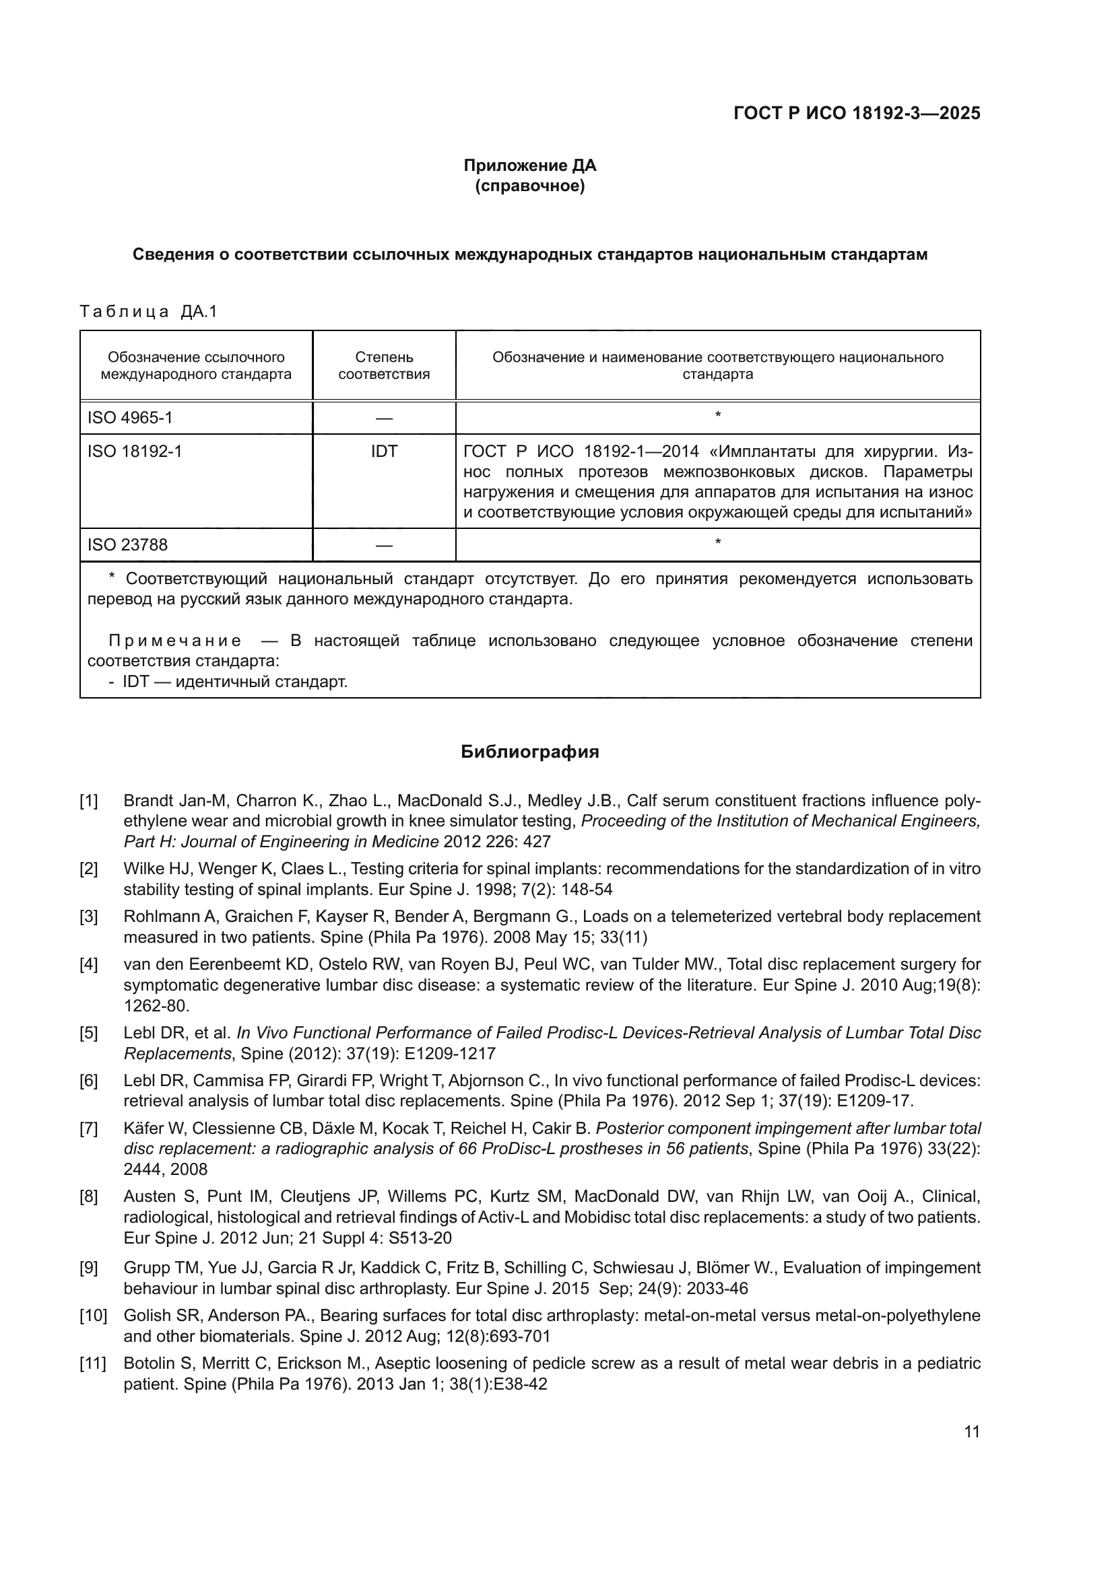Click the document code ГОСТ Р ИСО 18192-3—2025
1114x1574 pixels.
[x=856, y=113]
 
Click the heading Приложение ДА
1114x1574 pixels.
[x=529, y=166]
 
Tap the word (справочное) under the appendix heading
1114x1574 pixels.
[x=529, y=186]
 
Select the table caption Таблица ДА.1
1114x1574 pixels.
[x=148, y=312]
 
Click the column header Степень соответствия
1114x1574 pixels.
[x=384, y=365]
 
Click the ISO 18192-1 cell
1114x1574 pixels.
[x=135, y=451]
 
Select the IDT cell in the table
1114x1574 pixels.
[x=384, y=451]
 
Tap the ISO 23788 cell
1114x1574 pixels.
[x=127, y=545]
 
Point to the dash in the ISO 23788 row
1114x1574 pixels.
[x=384, y=546]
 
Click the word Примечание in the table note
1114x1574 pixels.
[x=175, y=641]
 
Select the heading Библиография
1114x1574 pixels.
[x=529, y=752]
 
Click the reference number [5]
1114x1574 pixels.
[x=88, y=1033]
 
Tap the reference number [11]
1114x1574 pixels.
[x=92, y=1363]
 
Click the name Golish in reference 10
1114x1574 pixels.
[x=144, y=1316]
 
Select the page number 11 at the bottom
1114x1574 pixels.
[x=971, y=1432]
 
